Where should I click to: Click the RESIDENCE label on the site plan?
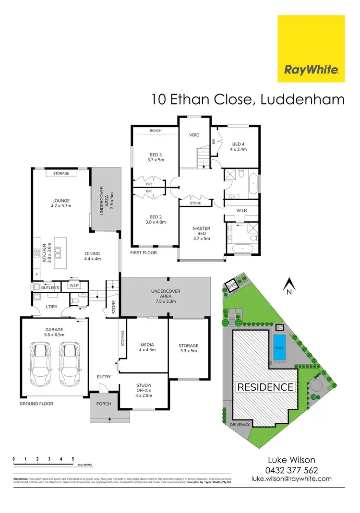[x=264, y=387]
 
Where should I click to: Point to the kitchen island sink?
[x=58, y=251]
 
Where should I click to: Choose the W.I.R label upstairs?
[x=241, y=210]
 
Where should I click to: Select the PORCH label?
[x=104, y=404]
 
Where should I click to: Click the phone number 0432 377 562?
[x=291, y=471]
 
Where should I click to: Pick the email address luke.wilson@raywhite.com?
[x=291, y=479]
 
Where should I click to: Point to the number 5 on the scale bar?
[x=73, y=459]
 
